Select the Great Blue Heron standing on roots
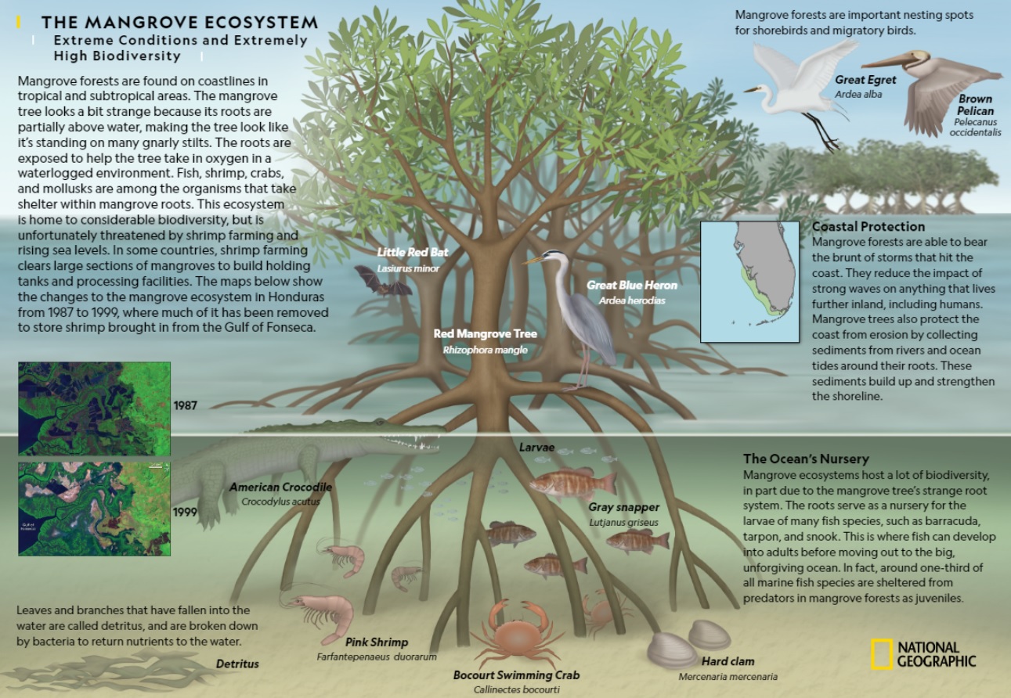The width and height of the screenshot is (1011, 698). [x=580, y=313]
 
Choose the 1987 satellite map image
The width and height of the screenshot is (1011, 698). [x=94, y=408]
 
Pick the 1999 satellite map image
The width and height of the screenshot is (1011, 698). [x=94, y=508]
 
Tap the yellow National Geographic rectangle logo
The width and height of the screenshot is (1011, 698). [x=882, y=653]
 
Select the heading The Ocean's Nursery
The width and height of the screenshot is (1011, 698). [x=806, y=459]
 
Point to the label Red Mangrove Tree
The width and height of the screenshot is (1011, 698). [x=486, y=334]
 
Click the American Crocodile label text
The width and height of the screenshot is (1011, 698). [x=280, y=488]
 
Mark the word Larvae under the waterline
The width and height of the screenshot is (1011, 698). [x=536, y=448]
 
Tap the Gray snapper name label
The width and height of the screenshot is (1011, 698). [x=624, y=508]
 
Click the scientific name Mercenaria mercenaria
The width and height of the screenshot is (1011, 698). [x=728, y=677]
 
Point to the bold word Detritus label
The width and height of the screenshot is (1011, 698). [x=237, y=664]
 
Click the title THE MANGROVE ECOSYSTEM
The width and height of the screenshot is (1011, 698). [x=179, y=23]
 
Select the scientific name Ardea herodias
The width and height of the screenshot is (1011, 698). [x=631, y=300]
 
